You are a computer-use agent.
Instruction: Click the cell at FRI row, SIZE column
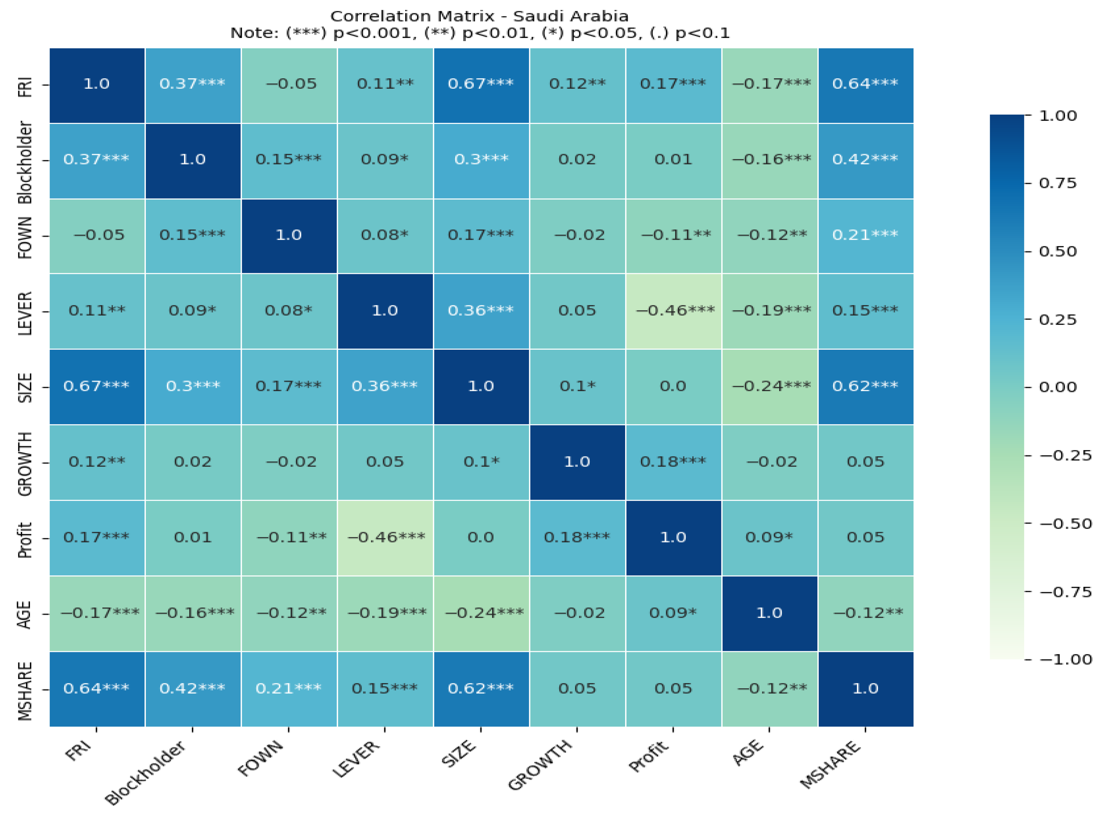pyautogui.click(x=481, y=85)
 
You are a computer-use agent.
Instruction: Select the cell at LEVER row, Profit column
pyautogui.click(x=673, y=311)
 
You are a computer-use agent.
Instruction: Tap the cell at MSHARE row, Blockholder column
pyautogui.click(x=193, y=689)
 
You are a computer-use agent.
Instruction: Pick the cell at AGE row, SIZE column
pyautogui.click(x=481, y=614)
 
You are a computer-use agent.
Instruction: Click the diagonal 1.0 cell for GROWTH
pyautogui.click(x=577, y=462)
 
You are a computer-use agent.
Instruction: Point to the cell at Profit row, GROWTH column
pyautogui.click(x=577, y=538)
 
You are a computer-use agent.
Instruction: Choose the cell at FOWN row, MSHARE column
pyautogui.click(x=865, y=236)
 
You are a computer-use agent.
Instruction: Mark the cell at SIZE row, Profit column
pyautogui.click(x=673, y=387)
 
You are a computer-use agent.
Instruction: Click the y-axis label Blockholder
pyautogui.click(x=25, y=163)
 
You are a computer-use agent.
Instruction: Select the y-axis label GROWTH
pyautogui.click(x=25, y=464)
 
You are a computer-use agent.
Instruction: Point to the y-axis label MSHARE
pyautogui.click(x=25, y=690)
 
